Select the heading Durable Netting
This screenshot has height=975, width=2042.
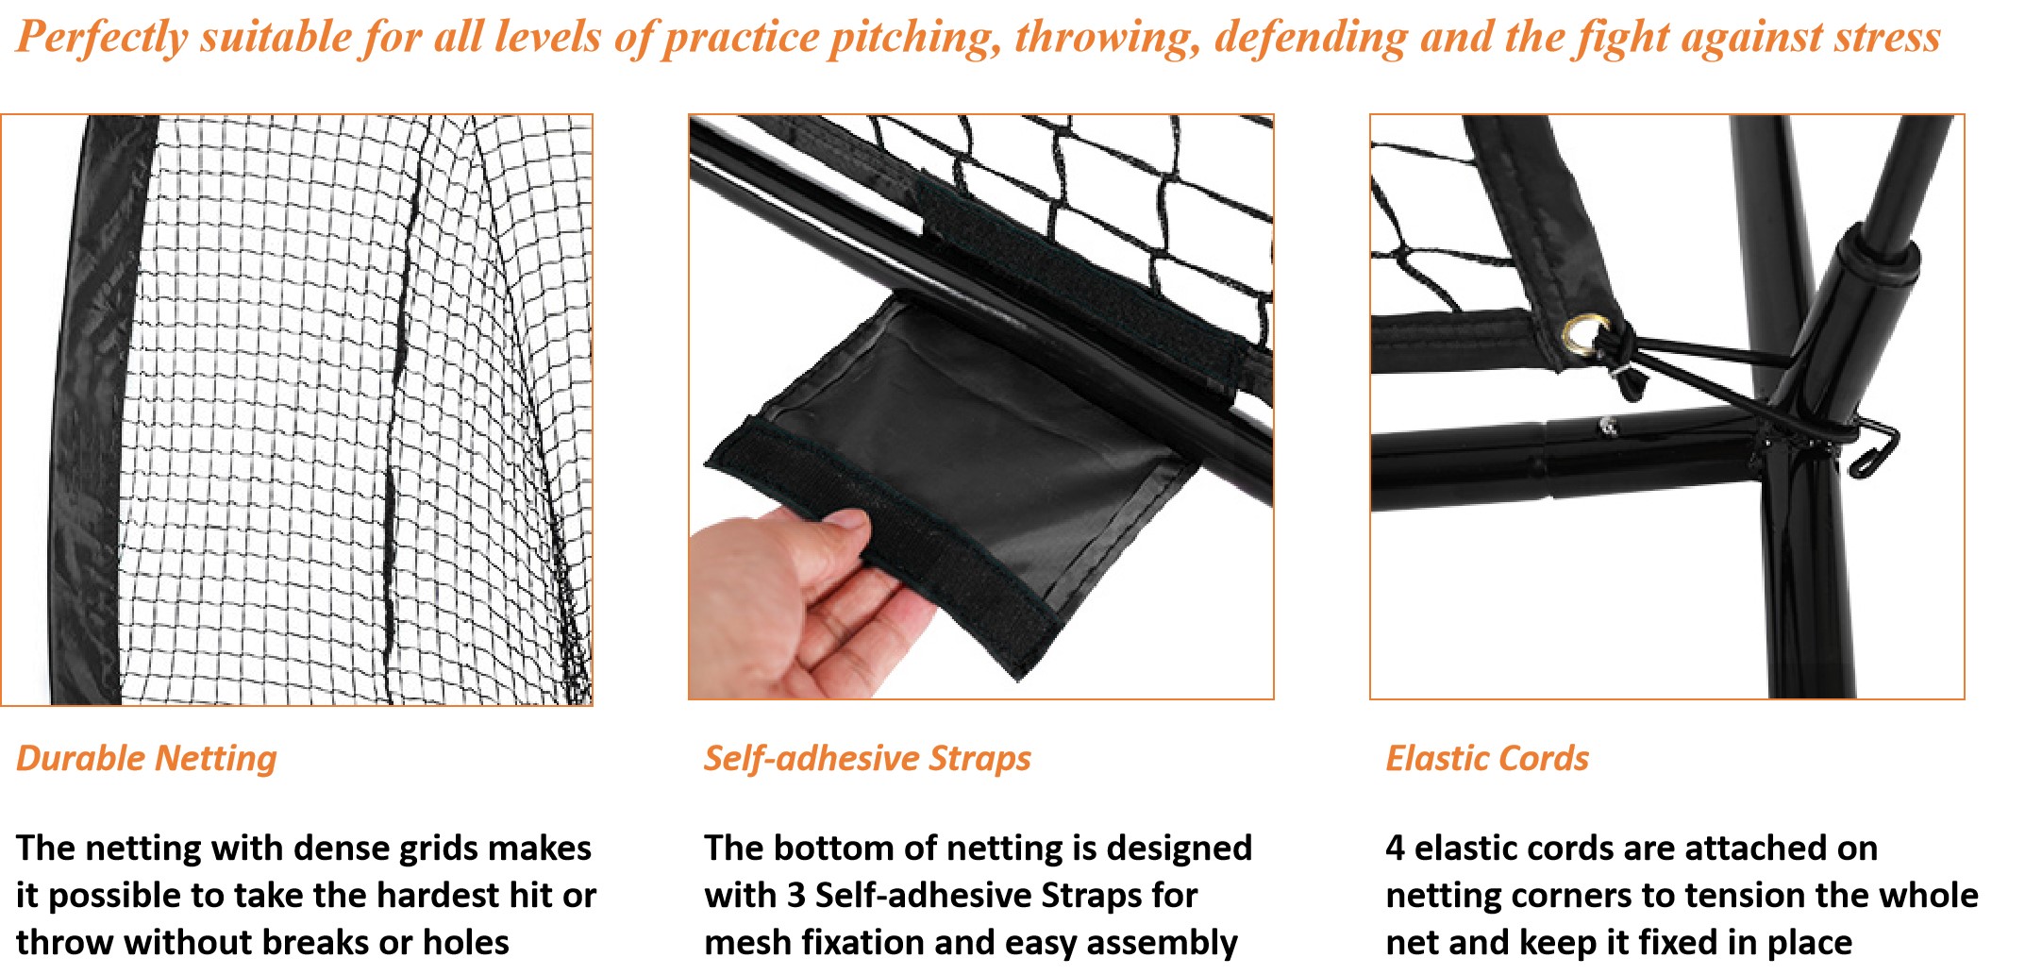point(146,758)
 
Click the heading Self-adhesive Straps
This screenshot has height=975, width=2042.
point(866,758)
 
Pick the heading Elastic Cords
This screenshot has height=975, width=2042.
point(1486,758)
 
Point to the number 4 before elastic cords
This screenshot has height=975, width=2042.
point(1395,848)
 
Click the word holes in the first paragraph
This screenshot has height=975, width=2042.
point(465,942)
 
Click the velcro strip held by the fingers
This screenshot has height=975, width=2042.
point(878,547)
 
